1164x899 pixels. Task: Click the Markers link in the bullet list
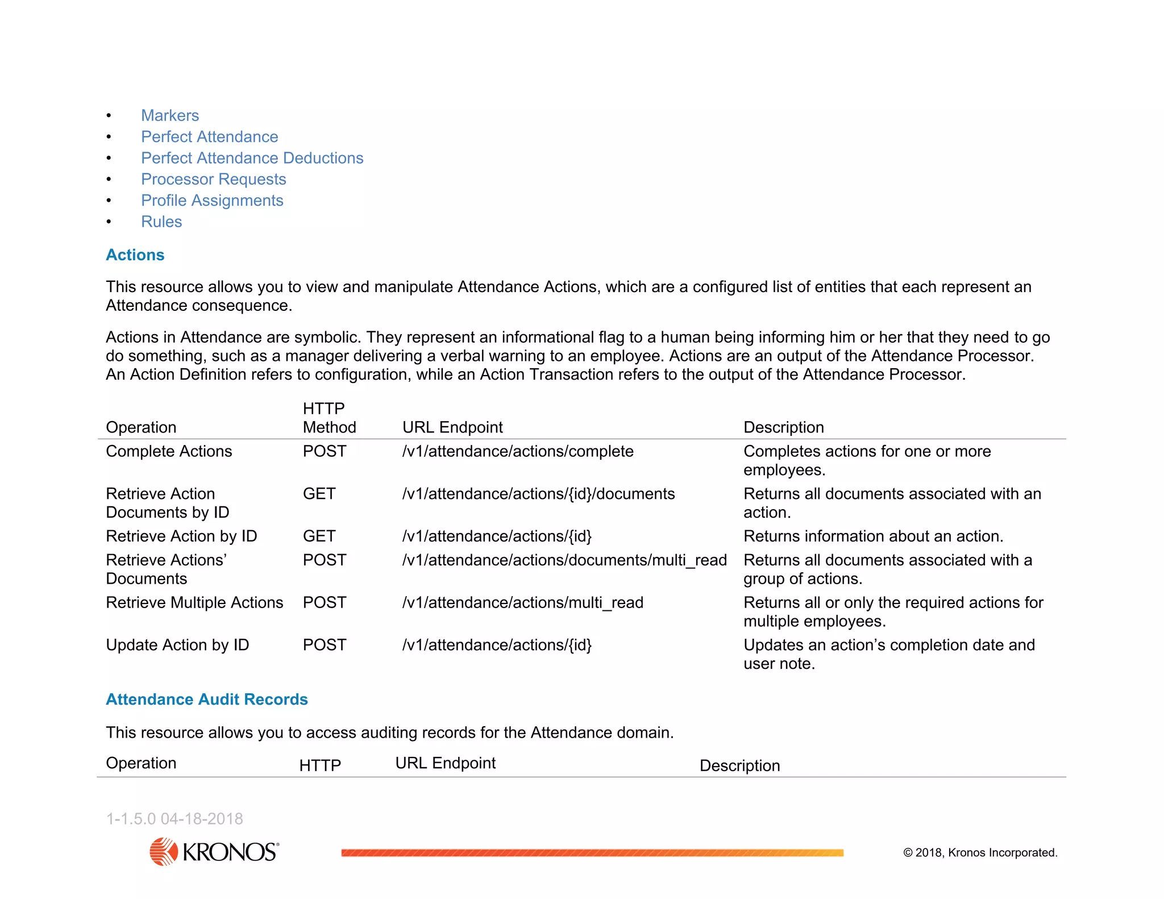pos(170,115)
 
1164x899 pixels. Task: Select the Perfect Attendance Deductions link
pos(252,158)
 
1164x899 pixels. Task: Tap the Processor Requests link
pos(213,179)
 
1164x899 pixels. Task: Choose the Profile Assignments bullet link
pos(212,201)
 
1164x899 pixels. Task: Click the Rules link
pos(161,222)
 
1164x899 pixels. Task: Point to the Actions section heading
pos(135,255)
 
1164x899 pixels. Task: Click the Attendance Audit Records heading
pos(206,699)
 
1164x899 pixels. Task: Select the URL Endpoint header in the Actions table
pos(452,427)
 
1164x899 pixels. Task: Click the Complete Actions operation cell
pos(169,451)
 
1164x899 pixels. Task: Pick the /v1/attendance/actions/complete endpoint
pos(518,451)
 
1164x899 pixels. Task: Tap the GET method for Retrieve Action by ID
pos(319,536)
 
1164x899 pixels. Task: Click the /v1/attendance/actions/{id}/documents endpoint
pos(538,494)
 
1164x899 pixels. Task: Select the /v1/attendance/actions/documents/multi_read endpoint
pos(564,560)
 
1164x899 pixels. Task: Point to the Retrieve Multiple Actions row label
pos(194,602)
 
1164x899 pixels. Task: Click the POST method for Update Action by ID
pos(324,645)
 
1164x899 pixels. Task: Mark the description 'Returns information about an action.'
pos(873,536)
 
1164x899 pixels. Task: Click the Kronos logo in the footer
pos(214,851)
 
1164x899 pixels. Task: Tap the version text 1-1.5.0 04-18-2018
pos(174,818)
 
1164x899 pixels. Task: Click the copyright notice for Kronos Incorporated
pos(980,852)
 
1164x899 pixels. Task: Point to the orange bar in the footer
pos(592,852)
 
